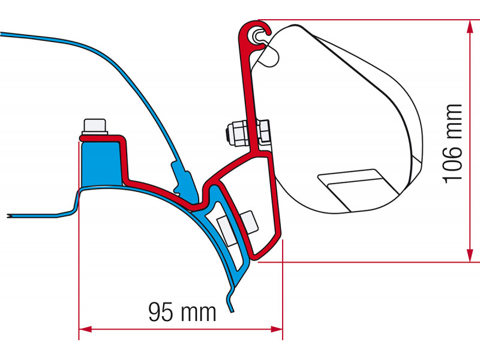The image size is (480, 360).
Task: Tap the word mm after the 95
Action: pyautogui.click(x=199, y=313)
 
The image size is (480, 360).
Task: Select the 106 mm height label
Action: pyautogui.click(x=453, y=144)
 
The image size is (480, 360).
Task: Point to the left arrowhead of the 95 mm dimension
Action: pyautogui.click(x=85, y=329)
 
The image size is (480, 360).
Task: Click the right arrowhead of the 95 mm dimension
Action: pyautogui.click(x=277, y=329)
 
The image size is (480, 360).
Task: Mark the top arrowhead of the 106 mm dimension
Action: pyautogui.click(x=469, y=27)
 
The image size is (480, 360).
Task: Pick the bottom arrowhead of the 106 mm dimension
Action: pyautogui.click(x=469, y=255)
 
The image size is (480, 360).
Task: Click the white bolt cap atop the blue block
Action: pyautogui.click(x=95, y=127)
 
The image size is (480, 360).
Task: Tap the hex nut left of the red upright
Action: pyautogui.click(x=236, y=134)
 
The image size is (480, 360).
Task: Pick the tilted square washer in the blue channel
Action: pyautogui.click(x=228, y=230)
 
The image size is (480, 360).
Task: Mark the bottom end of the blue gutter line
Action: pyautogui.click(x=232, y=311)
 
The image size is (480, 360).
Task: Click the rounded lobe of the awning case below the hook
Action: pyautogui.click(x=269, y=55)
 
